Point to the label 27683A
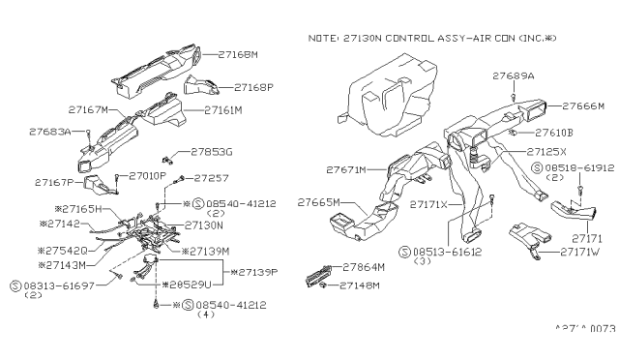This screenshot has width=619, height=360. click(50, 131)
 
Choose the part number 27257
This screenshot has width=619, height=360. click(212, 178)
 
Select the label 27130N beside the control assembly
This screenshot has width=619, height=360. click(201, 225)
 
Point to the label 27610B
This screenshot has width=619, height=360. click(555, 132)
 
